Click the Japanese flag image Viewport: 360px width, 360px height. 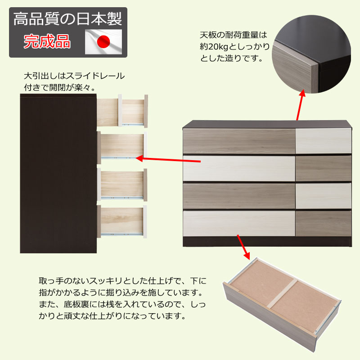(x=103, y=42)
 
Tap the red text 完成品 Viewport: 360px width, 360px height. (x=47, y=41)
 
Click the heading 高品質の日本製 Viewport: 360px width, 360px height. (x=68, y=19)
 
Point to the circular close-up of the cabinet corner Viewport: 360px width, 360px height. (x=311, y=54)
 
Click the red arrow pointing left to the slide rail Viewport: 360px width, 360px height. (x=168, y=159)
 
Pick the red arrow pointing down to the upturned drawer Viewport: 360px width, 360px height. (x=243, y=247)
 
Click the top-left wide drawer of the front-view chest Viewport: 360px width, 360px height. (x=239, y=141)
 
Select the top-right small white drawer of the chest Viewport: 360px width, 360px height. (x=324, y=141)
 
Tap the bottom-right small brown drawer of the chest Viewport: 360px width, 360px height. (x=324, y=223)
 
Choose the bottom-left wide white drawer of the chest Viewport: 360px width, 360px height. (x=239, y=223)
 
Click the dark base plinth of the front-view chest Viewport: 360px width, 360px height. (x=267, y=242)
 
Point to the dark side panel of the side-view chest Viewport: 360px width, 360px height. (x=58, y=174)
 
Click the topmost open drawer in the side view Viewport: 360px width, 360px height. (x=122, y=111)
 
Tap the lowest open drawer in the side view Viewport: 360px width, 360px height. (x=122, y=221)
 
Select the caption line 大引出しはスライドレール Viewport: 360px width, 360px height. (x=74, y=76)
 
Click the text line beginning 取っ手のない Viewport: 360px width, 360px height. (x=122, y=281)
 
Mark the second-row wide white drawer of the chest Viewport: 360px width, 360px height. (x=239, y=168)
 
